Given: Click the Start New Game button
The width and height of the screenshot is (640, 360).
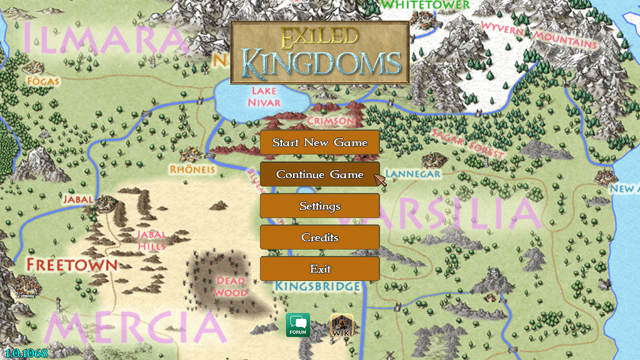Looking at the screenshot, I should pos(319,142).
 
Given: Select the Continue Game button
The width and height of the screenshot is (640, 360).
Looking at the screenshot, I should pos(319,174).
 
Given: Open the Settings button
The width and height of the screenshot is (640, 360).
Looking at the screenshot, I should pos(319,206).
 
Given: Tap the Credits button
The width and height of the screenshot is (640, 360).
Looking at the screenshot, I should pos(319,237).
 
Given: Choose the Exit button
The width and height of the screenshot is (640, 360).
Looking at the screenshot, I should pos(319,269).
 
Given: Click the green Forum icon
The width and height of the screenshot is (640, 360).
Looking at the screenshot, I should pos(298,325).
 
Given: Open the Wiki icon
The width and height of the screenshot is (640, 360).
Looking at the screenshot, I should pos(342,325).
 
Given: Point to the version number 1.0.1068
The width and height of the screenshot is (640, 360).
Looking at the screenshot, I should pos(26,353).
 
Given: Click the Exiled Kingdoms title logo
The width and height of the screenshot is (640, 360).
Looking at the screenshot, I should pos(320,52).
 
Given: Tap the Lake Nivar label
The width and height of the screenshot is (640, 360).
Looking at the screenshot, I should pos(264,96).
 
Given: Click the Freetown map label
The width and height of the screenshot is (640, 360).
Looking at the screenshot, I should pos(72,264).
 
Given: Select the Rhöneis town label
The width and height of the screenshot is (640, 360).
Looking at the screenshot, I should pos(192,169).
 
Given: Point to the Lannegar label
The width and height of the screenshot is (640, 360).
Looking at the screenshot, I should pos(413,174).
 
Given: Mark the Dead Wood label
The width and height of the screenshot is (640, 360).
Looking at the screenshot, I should pos(230,286).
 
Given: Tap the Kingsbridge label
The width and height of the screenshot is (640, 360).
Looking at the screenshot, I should pos(318,286).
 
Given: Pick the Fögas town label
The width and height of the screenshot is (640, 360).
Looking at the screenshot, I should pos(44,81).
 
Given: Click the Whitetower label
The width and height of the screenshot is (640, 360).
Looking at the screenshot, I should pos(425,5).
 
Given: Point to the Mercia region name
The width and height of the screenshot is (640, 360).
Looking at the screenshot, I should pos(135,327).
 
